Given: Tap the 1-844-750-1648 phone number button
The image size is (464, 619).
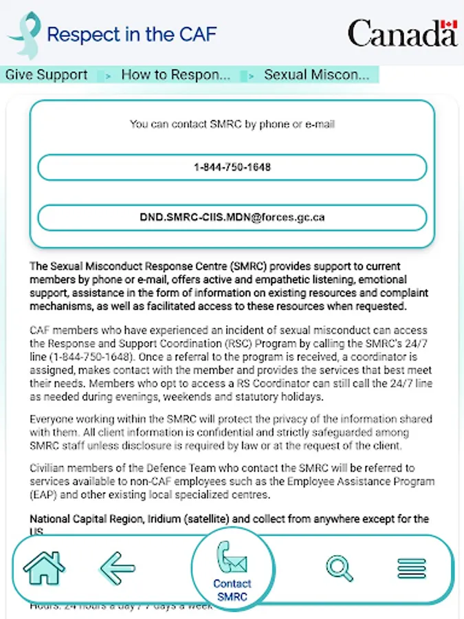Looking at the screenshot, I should tap(232, 167).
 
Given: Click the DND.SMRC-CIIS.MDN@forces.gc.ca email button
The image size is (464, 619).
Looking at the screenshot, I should tap(232, 217).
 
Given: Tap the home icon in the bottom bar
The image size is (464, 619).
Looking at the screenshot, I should tap(44, 567).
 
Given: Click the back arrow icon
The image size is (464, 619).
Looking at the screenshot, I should tap(118, 567).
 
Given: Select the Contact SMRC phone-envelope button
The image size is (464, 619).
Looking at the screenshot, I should tap(232, 569).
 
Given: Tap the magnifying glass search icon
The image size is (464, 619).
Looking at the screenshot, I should tap(339, 567).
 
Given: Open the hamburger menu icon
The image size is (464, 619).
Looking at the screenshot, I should tap(412, 568).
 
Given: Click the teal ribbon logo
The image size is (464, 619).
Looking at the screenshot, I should tap(24, 34).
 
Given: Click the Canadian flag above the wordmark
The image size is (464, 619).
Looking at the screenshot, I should tap(449, 25).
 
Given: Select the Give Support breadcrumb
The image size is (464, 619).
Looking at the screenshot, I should tap(47, 75).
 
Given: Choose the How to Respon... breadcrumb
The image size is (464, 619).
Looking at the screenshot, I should tap(175, 75).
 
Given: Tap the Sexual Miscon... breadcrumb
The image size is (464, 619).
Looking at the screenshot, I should tap(316, 75).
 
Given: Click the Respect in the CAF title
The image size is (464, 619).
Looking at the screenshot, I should tap(131, 34).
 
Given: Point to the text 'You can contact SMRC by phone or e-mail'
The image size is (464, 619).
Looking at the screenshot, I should tap(232, 124).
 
